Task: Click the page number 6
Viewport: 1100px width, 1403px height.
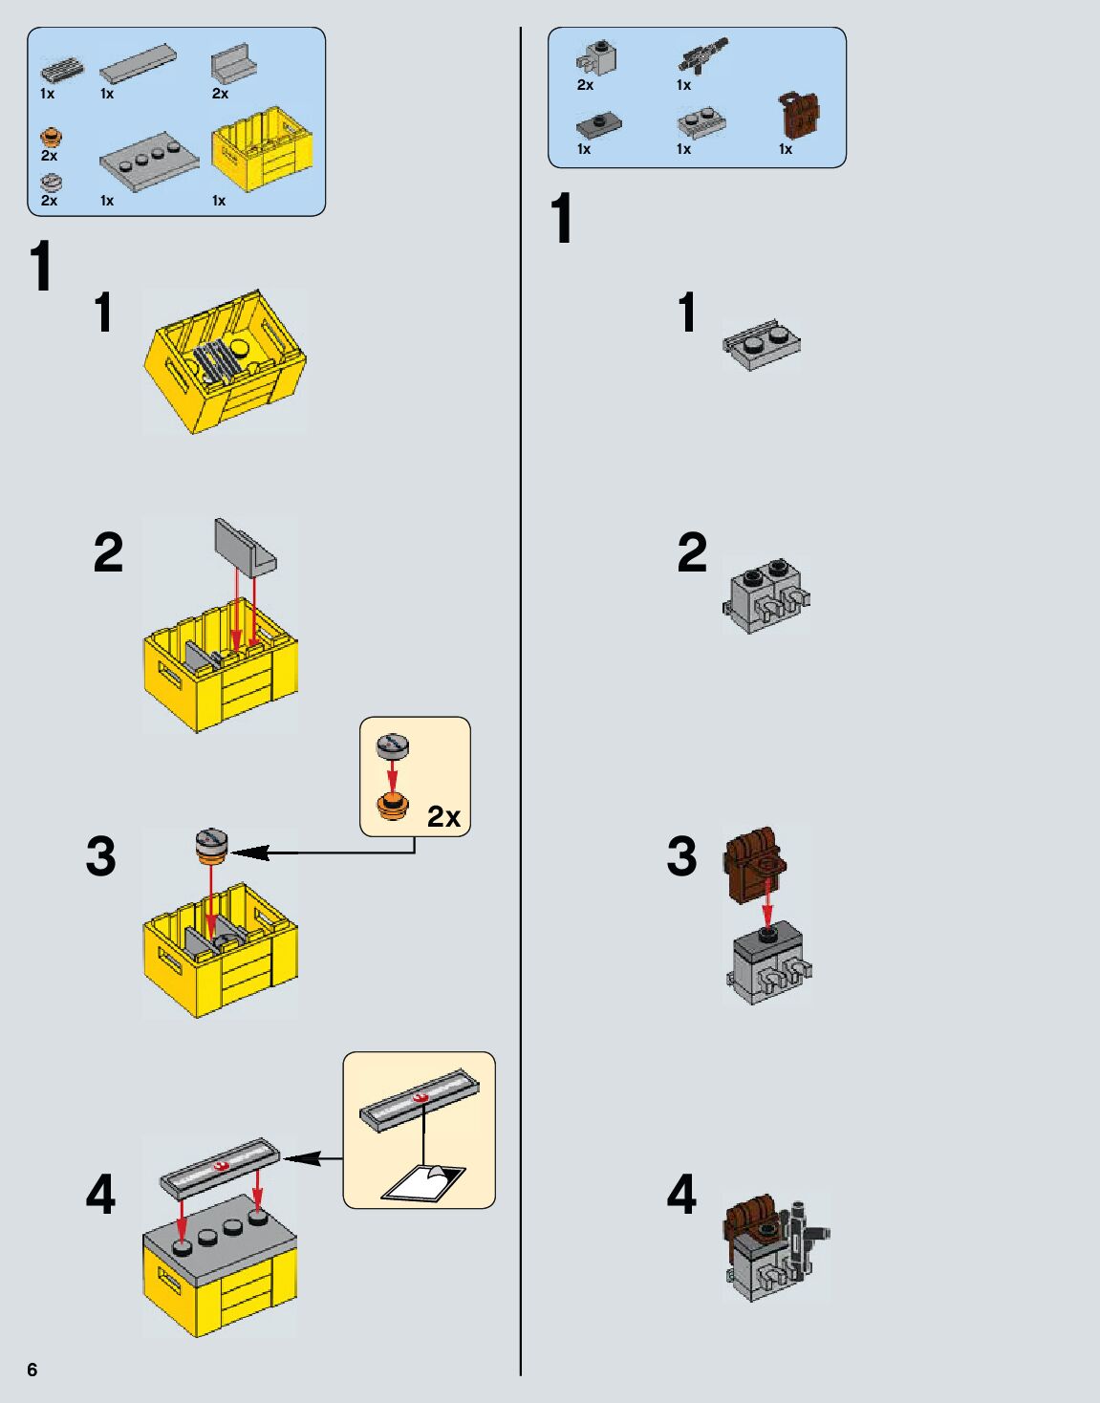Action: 32,1370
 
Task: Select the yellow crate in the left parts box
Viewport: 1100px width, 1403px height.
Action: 262,150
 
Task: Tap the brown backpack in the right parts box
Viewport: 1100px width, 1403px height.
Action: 799,116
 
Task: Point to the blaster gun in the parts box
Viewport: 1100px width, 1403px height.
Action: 702,55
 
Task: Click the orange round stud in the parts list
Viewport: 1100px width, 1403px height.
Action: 51,139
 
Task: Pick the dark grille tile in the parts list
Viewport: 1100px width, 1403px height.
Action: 62,71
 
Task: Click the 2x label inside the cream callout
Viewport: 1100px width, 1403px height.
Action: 443,816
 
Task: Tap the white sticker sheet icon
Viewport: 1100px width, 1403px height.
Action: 424,1183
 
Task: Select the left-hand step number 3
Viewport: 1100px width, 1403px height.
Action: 100,856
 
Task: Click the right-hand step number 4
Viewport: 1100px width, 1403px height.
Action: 681,1195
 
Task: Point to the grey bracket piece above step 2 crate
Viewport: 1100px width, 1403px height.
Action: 245,547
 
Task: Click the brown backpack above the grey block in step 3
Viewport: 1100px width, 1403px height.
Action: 755,865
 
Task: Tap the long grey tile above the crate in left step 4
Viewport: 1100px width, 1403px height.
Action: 220,1166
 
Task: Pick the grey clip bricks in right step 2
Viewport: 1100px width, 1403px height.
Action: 766,594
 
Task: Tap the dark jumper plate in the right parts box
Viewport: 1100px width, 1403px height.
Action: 599,124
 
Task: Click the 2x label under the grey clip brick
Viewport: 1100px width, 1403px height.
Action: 585,85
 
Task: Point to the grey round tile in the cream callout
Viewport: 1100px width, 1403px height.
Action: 392,746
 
